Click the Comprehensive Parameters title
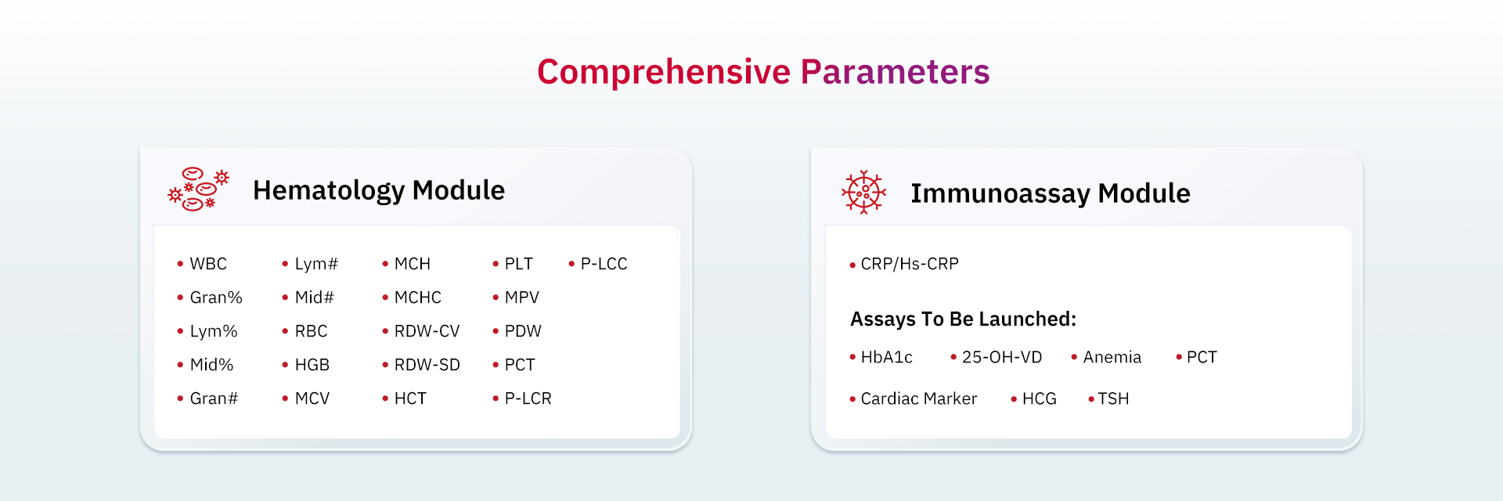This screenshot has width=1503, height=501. click(x=763, y=73)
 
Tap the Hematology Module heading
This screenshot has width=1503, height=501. click(x=379, y=190)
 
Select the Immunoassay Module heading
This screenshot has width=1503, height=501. click(x=1051, y=193)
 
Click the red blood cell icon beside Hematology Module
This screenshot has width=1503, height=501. click(x=199, y=189)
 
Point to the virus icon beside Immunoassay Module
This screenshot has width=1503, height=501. click(x=863, y=192)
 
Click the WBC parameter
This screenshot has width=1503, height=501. click(x=208, y=264)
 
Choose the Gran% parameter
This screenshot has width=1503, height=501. click(x=216, y=297)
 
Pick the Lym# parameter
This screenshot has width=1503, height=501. click(x=316, y=264)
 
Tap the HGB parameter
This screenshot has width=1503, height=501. click(x=312, y=365)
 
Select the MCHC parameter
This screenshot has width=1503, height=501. click(x=418, y=297)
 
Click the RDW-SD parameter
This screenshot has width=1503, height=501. click(x=427, y=365)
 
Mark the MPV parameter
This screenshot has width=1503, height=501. click(x=522, y=297)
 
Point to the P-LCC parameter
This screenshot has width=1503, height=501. click(x=604, y=264)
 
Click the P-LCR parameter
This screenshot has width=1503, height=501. click(x=528, y=398)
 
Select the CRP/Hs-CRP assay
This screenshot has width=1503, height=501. click(x=910, y=264)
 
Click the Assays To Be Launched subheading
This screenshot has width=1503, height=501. click(x=964, y=319)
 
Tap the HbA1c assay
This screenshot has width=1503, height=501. click(x=887, y=357)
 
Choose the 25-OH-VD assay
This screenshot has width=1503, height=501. click(x=1002, y=357)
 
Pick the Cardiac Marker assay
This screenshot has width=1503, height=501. click(x=919, y=398)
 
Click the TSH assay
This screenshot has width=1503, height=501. click(x=1113, y=398)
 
